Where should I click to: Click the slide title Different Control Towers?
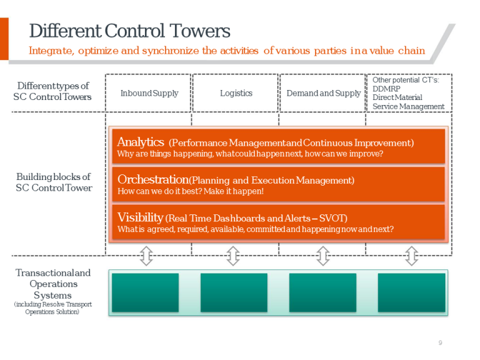(129, 31)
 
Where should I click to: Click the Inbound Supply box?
(149, 93)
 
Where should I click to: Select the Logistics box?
(236, 93)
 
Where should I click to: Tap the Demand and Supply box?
(323, 93)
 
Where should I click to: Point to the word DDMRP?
(386, 89)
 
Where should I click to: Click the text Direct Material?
(397, 97)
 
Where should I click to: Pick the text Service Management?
(408, 106)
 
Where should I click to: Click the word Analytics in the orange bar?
(141, 142)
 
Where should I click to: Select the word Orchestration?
(153, 179)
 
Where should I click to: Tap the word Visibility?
(140, 217)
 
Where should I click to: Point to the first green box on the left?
(145, 292)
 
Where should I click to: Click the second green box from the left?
(234, 292)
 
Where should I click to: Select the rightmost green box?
(411, 292)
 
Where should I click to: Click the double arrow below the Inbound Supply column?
(146, 256)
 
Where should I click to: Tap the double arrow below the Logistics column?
(233, 256)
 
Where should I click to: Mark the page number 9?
(440, 342)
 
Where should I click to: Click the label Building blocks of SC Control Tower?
(53, 182)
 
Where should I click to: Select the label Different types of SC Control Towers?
(52, 91)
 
